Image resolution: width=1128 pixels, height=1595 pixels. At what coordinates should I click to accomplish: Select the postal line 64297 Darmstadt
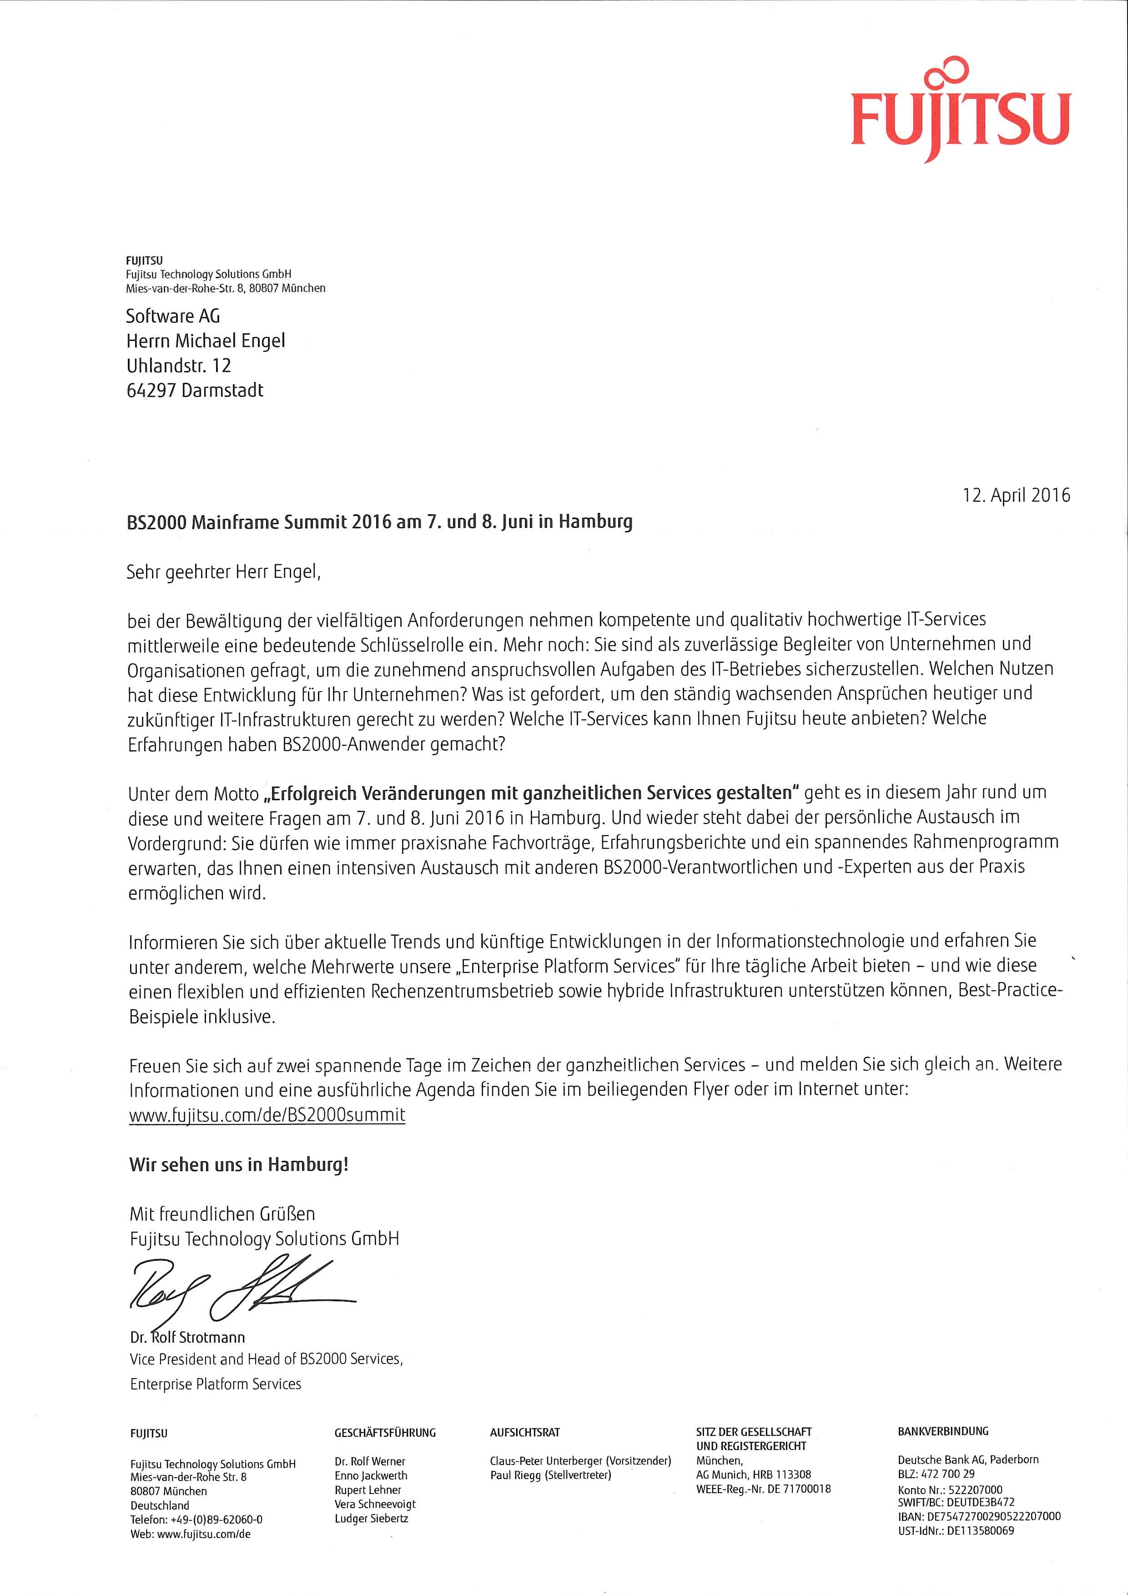(x=195, y=391)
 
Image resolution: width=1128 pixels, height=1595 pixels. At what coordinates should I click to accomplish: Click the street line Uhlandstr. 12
(x=179, y=366)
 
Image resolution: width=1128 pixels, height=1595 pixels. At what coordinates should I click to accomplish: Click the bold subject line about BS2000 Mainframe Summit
(x=379, y=522)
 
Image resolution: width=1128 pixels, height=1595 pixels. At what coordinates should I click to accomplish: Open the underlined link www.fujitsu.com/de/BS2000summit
(x=267, y=1115)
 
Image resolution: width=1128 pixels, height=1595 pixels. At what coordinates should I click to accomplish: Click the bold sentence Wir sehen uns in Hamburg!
(x=238, y=1165)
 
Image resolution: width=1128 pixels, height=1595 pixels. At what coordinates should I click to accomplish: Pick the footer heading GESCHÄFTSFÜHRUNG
(x=385, y=1432)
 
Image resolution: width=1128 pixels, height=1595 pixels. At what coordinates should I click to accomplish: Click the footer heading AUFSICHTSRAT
(x=525, y=1432)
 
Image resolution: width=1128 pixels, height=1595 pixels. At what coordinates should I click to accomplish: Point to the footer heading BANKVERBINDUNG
(x=942, y=1431)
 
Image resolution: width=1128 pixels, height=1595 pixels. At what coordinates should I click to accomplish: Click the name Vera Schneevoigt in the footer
(x=375, y=1504)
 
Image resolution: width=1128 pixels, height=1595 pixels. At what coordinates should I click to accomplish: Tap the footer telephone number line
(x=196, y=1519)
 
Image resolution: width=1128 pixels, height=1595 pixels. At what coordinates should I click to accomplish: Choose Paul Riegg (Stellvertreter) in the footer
(x=550, y=1475)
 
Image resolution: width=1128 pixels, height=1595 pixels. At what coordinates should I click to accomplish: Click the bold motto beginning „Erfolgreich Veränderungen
(x=532, y=792)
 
